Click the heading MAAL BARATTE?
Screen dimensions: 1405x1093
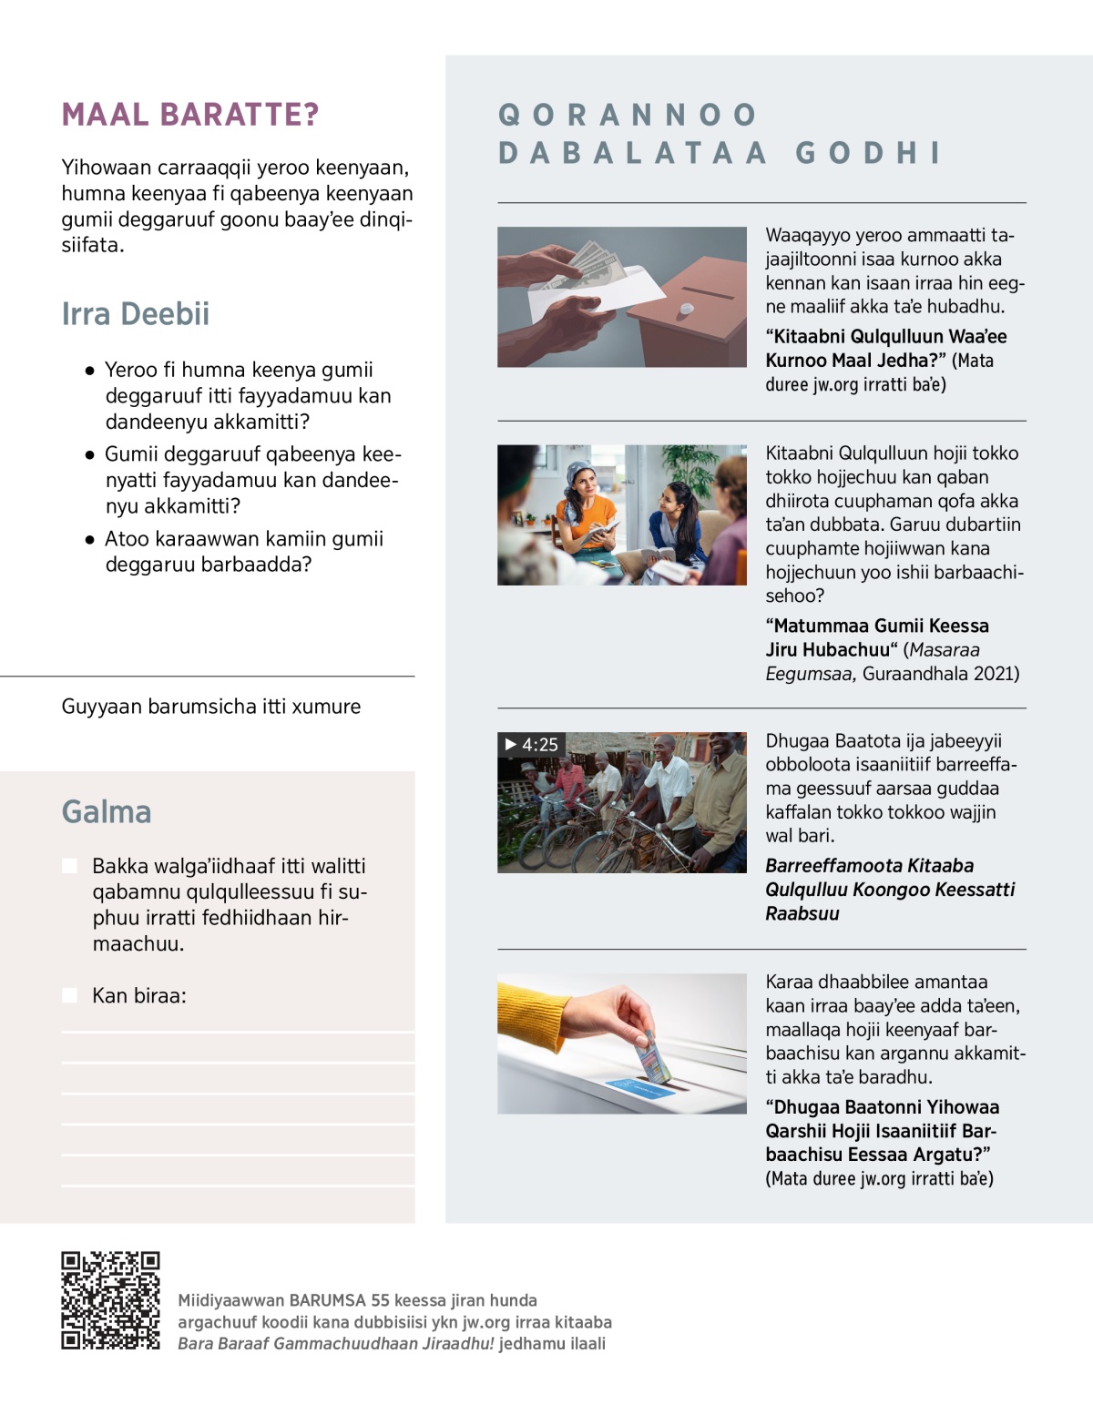190,115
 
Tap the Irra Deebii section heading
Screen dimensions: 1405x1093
136,314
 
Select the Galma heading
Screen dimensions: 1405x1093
107,811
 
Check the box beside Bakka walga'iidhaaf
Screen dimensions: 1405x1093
69,866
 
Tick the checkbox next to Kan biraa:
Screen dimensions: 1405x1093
69,995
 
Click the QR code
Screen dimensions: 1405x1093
110,1300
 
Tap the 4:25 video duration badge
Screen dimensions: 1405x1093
532,745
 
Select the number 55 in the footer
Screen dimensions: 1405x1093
380,1300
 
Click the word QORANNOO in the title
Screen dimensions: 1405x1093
628,115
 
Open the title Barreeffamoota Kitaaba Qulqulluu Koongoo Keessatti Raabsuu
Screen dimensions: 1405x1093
889,890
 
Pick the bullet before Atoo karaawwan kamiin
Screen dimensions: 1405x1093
89,540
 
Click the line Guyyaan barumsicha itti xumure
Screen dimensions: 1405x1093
211,707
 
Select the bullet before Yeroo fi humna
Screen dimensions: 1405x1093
89,371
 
